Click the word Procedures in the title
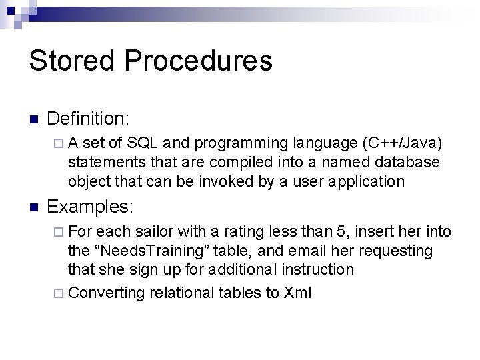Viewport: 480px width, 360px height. point(198,61)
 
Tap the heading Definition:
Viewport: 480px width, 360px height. point(89,119)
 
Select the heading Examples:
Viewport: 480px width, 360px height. point(91,207)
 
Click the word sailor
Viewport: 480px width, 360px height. point(154,231)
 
